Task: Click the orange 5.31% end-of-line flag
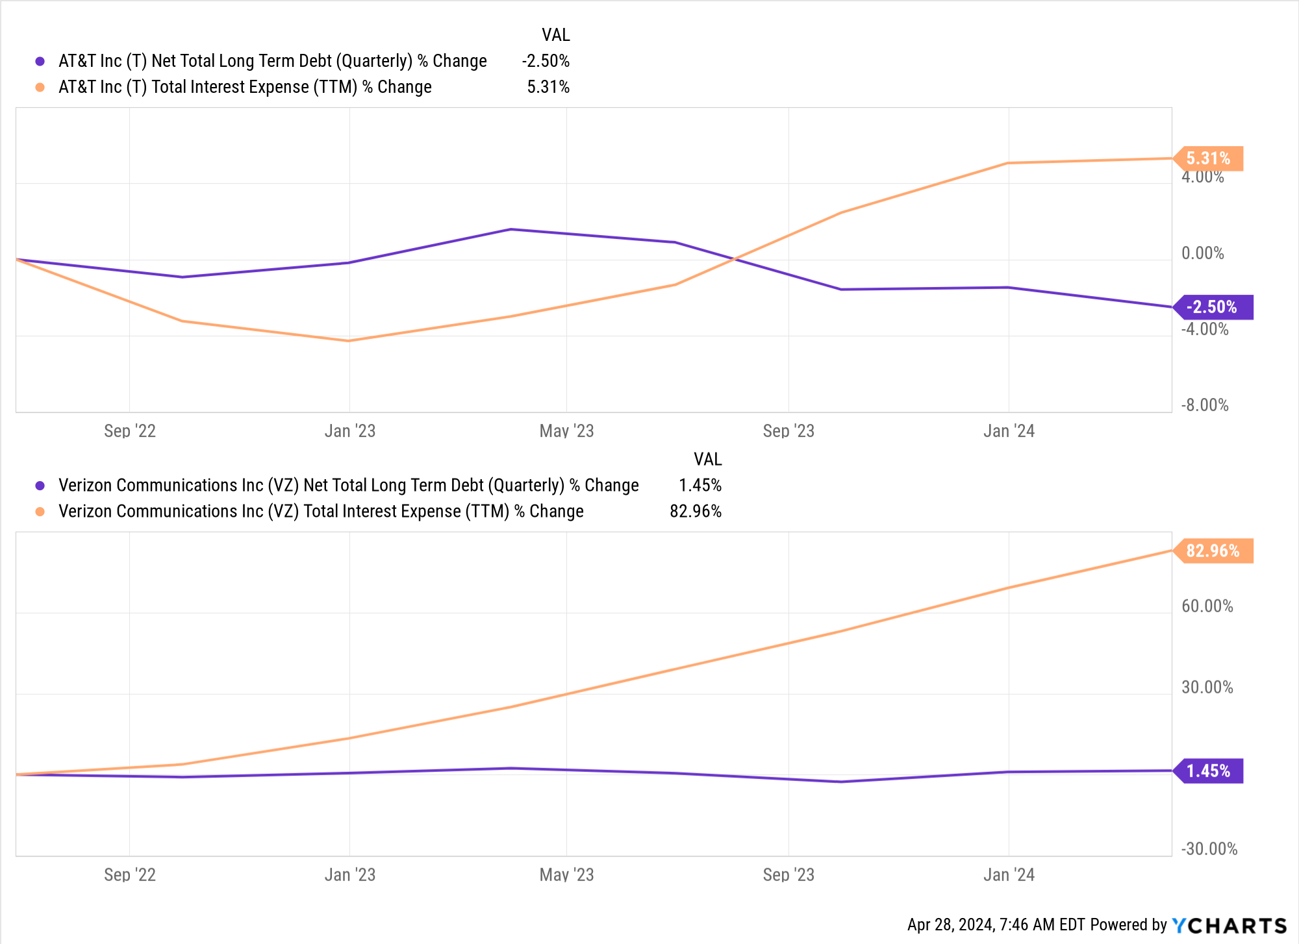(x=1209, y=158)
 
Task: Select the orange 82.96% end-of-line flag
(x=1214, y=551)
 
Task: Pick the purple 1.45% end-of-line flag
(x=1209, y=771)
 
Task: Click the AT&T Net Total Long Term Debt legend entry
(x=272, y=61)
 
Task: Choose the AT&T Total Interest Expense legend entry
(x=245, y=87)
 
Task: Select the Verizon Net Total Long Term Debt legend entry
(x=348, y=486)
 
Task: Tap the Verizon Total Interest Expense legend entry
(x=321, y=512)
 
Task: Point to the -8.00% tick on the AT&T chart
(x=1205, y=405)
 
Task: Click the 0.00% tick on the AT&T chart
(x=1202, y=253)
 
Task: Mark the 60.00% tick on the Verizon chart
(x=1207, y=606)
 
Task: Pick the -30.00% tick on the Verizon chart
(x=1209, y=849)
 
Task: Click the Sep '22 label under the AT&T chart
(x=130, y=431)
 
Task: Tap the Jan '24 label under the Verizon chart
(x=1009, y=875)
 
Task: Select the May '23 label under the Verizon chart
(x=566, y=875)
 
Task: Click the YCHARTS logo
(x=1230, y=925)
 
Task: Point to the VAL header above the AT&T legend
(x=556, y=35)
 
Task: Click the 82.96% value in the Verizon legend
(x=696, y=512)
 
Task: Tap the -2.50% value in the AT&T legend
(x=546, y=61)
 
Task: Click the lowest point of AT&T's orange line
(x=349, y=341)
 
